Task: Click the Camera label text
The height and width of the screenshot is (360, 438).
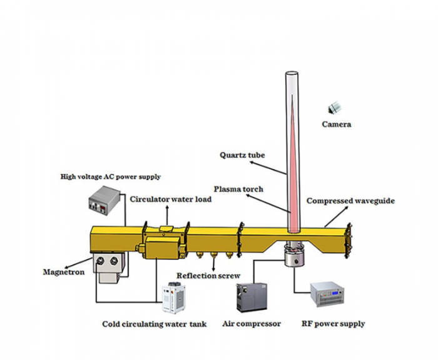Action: pos(336,124)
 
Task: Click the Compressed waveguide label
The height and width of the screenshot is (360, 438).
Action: pos(350,201)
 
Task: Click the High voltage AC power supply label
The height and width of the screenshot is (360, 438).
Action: pos(110,176)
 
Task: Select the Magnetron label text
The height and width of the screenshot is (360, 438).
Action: pos(63,272)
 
